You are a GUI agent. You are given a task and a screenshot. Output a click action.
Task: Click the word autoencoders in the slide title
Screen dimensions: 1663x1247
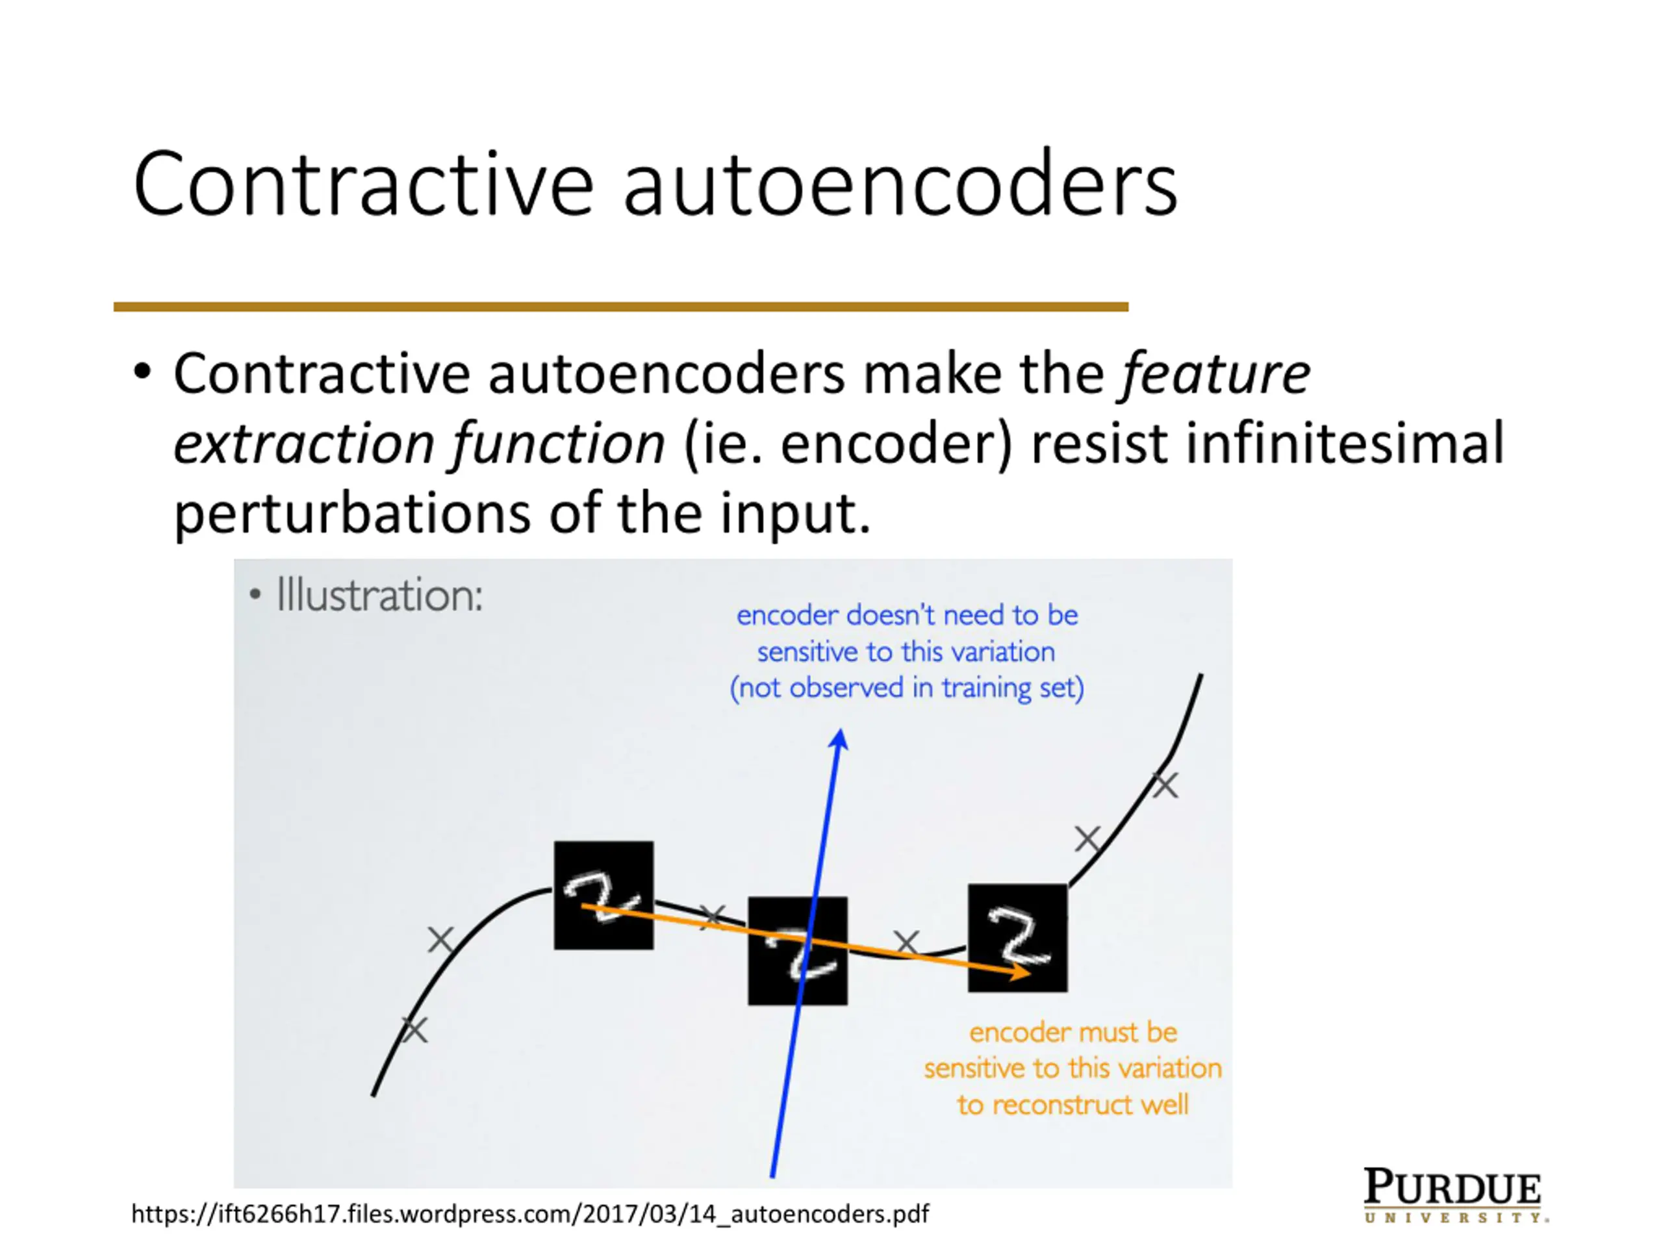(x=899, y=185)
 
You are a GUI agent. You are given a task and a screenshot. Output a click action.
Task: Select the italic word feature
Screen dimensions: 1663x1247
(x=1215, y=373)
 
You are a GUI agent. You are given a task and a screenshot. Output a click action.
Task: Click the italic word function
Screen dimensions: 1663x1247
(x=558, y=444)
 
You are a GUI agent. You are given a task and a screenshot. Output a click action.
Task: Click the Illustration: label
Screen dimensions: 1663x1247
(x=378, y=596)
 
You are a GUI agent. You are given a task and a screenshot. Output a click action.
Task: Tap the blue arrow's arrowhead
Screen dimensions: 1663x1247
(x=840, y=740)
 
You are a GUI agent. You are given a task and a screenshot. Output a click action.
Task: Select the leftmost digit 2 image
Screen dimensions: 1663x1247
(x=603, y=894)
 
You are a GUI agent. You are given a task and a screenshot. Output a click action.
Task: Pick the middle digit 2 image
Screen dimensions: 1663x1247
(x=797, y=950)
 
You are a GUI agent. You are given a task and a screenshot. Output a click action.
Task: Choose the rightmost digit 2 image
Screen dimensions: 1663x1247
(x=1017, y=937)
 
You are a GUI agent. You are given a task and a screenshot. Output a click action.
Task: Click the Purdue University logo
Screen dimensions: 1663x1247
(x=1454, y=1194)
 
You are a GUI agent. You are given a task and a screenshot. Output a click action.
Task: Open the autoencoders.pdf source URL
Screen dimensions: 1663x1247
(x=530, y=1213)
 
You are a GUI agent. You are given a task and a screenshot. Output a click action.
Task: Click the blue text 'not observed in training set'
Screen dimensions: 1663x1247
(x=907, y=688)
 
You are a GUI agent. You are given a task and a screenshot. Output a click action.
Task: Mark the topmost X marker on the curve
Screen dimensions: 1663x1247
(x=1165, y=785)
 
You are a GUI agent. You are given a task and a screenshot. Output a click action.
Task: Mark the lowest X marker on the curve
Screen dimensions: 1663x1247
(x=414, y=1029)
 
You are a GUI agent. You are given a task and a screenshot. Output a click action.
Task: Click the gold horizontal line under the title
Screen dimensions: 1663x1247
(x=620, y=307)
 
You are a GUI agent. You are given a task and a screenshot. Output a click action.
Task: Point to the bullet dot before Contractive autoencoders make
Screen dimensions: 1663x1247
(x=142, y=372)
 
